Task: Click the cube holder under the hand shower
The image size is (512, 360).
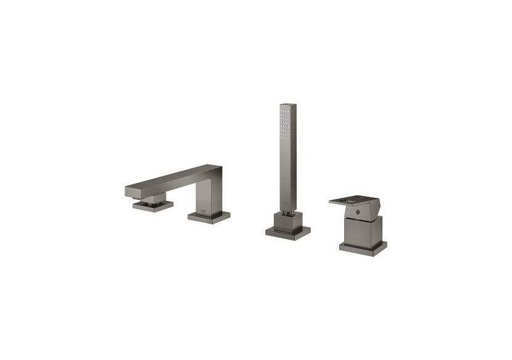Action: point(287,221)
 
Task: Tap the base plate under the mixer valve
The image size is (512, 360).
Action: point(363,247)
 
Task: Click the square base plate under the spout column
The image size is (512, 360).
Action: point(209,216)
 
